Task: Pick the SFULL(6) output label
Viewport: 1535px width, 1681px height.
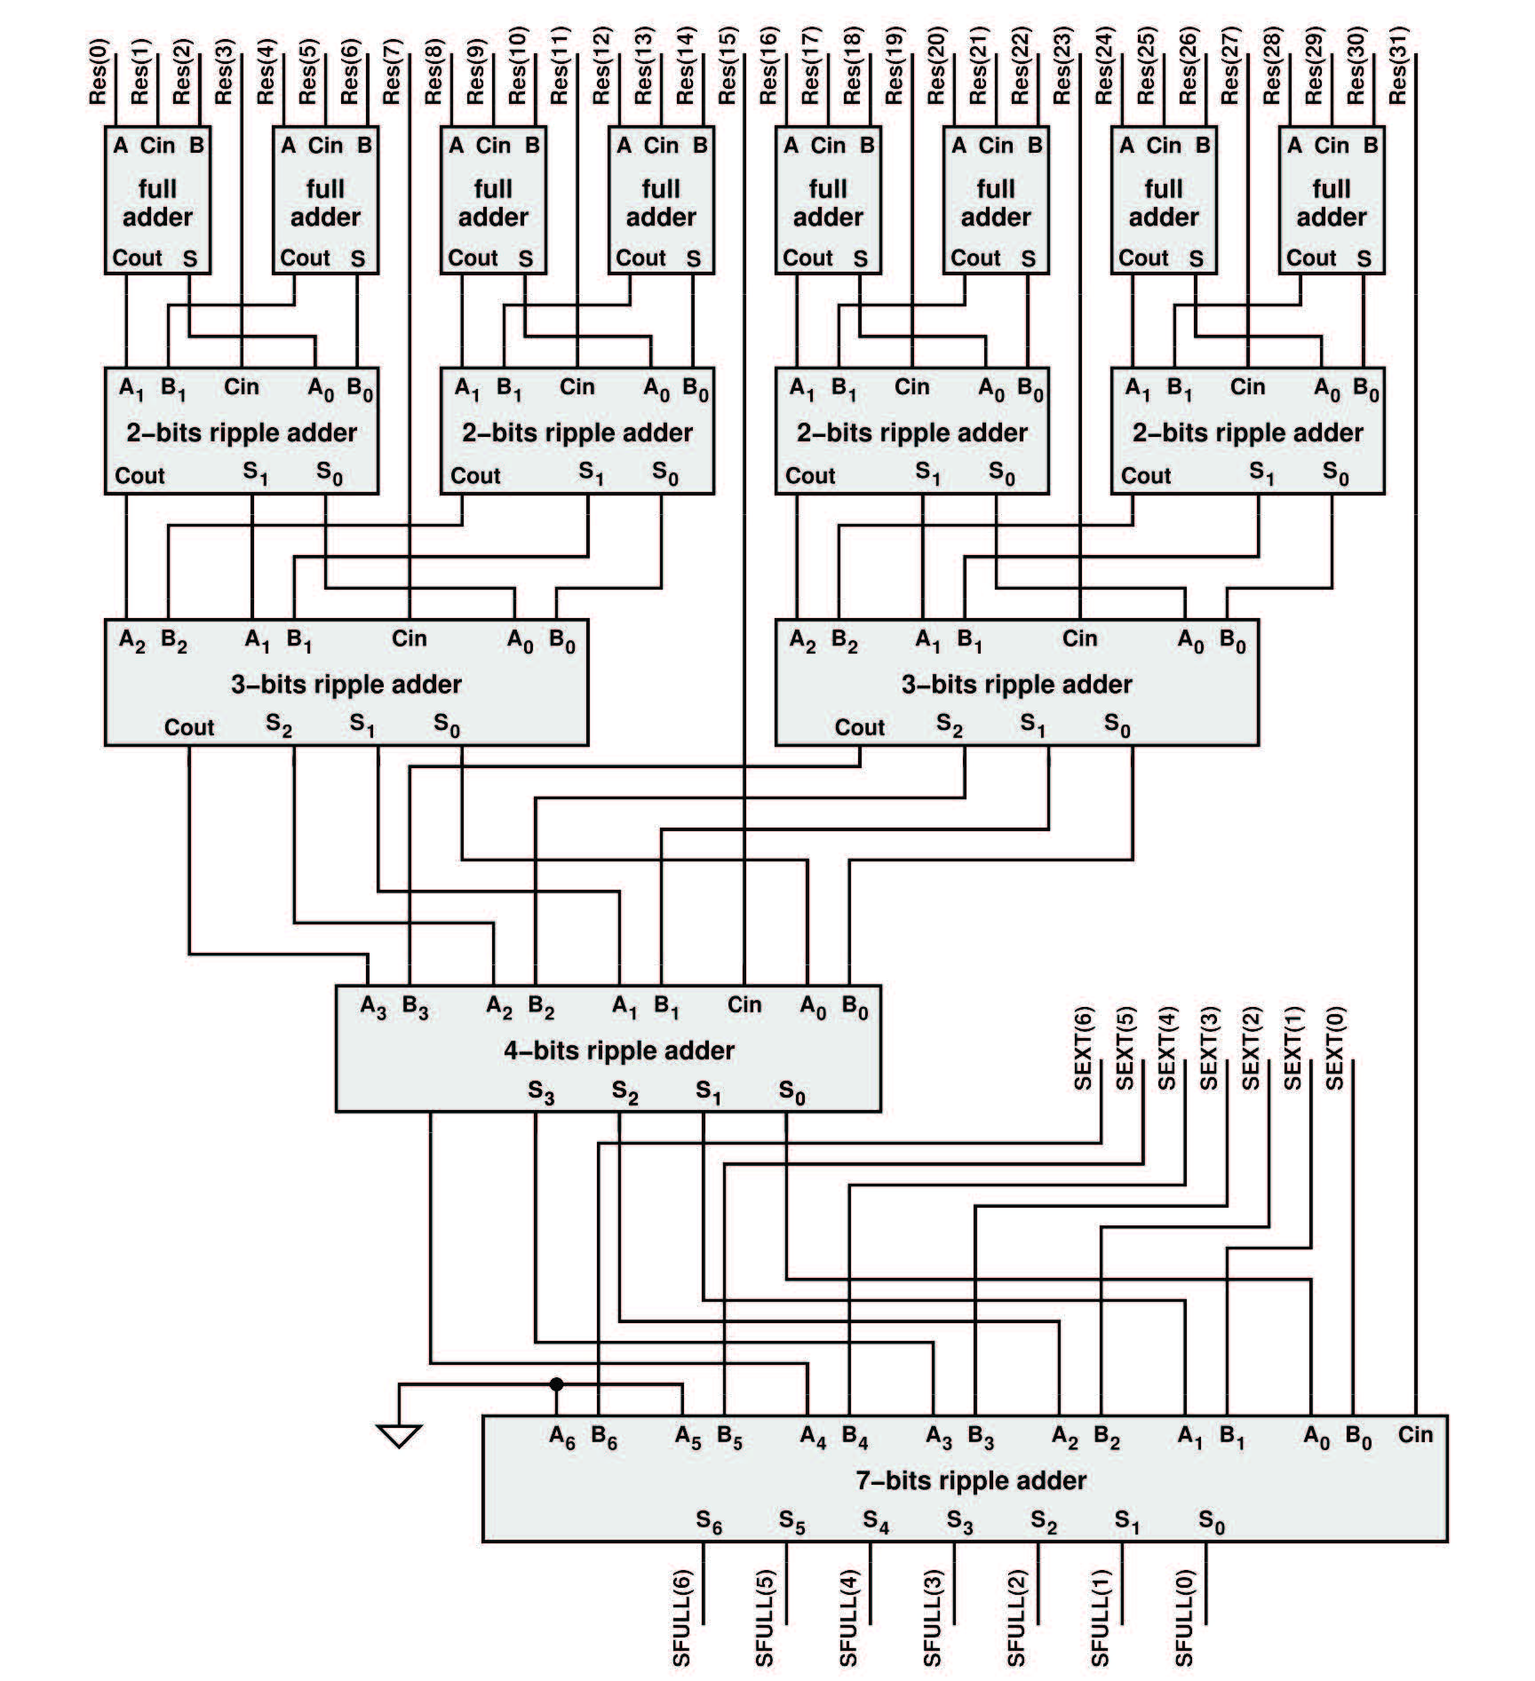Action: pyautogui.click(x=681, y=1618)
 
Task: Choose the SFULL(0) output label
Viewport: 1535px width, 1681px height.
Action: pyautogui.click(x=1184, y=1618)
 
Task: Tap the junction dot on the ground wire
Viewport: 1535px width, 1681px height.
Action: pyautogui.click(x=556, y=1384)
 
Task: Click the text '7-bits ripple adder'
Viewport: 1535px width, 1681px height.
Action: pyautogui.click(x=971, y=1480)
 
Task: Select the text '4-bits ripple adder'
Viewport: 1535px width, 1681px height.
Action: pyautogui.click(x=619, y=1051)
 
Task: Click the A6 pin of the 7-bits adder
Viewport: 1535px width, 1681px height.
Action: pyautogui.click(x=561, y=1437)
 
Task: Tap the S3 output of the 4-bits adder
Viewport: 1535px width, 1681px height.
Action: pyautogui.click(x=540, y=1092)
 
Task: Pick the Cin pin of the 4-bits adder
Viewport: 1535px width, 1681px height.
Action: pyautogui.click(x=744, y=1004)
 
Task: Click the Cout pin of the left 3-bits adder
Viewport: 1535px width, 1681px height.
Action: pyautogui.click(x=189, y=727)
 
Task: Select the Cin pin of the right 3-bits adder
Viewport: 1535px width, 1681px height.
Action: pyautogui.click(x=1080, y=638)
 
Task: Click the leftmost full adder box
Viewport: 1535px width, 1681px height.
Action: pyautogui.click(x=158, y=202)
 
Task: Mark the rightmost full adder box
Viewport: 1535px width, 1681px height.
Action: pyautogui.click(x=1332, y=202)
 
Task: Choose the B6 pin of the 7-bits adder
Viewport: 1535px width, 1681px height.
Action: pyautogui.click(x=604, y=1437)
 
